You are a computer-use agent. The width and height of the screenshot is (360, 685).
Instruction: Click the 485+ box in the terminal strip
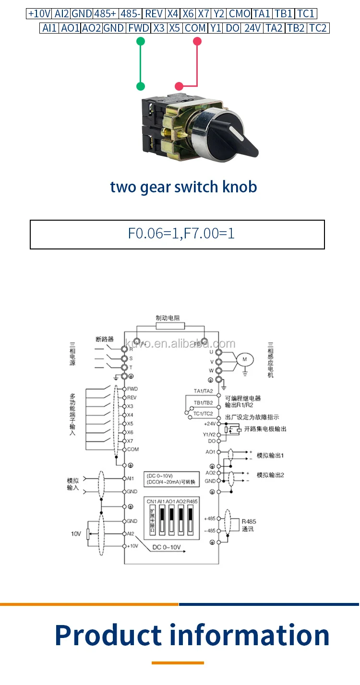[106, 14]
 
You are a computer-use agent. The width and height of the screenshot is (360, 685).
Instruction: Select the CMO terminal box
[240, 14]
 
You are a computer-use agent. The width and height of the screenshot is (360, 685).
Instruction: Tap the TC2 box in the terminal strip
[318, 28]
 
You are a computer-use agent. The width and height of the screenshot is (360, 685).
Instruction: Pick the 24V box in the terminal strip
[252, 28]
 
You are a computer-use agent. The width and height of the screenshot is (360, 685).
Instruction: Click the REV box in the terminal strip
[154, 14]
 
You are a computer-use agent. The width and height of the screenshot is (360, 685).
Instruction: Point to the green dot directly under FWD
[140, 42]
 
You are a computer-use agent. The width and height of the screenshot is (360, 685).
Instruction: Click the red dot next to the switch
[179, 86]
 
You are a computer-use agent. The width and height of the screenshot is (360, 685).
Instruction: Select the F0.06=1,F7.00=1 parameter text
[181, 234]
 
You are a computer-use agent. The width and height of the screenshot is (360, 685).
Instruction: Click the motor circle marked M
[245, 358]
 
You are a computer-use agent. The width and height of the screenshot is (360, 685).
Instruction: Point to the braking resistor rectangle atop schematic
[170, 326]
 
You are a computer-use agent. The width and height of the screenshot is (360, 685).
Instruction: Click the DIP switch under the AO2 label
[181, 519]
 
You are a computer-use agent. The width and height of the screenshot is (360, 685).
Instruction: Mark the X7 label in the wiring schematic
[131, 441]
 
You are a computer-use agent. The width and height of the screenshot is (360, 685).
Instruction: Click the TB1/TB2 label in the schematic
[203, 402]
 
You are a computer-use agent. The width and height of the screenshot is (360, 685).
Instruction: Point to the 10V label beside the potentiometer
[76, 533]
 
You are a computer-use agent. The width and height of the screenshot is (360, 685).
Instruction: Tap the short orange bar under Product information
[178, 663]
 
